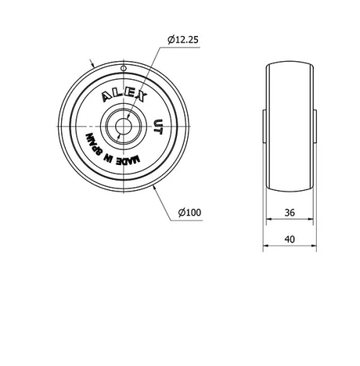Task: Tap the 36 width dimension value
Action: [x=290, y=212]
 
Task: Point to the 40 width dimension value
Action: [x=290, y=238]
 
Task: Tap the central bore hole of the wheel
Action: [x=123, y=125]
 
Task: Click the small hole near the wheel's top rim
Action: [x=123, y=68]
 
